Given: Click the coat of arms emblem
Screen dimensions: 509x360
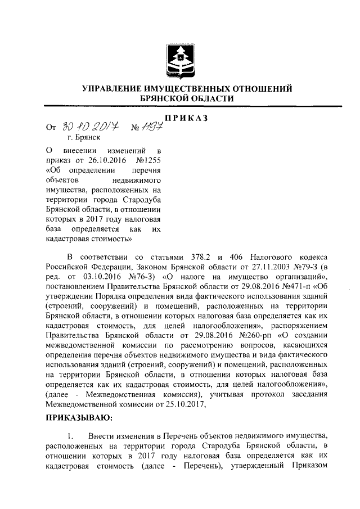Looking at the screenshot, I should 181,56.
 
